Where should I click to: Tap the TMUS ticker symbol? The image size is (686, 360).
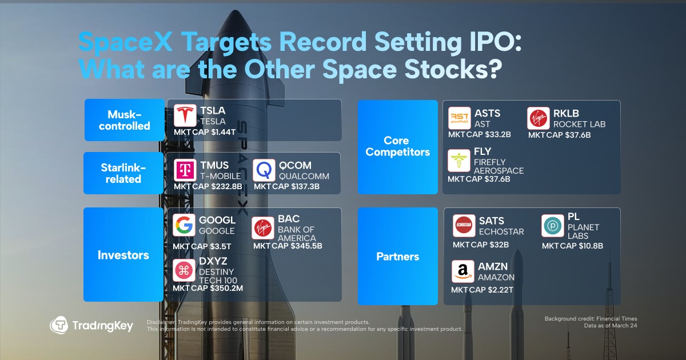pos(214,166)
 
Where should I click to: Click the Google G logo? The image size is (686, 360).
pos(184,226)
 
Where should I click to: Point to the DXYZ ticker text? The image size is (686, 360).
pos(213,262)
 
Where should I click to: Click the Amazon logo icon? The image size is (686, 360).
pos(462,271)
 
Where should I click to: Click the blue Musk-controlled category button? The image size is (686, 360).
pos(125,120)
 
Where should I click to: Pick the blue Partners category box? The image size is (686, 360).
pos(397,257)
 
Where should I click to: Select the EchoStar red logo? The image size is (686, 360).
pos(464,226)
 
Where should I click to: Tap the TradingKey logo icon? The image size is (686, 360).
pos(59,326)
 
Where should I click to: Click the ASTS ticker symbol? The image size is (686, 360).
pos(488,113)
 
